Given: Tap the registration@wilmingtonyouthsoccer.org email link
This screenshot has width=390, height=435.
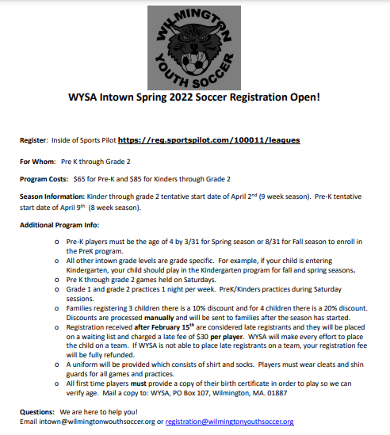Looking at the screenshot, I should pos(230,422).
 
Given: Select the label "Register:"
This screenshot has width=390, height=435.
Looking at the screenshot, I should pos(34,140).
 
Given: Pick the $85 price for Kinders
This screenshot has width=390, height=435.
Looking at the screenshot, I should pos(141,179).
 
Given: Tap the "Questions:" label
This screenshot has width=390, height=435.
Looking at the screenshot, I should pos(38,411).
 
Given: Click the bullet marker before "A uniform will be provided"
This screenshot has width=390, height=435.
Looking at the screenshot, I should pos(57,361).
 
